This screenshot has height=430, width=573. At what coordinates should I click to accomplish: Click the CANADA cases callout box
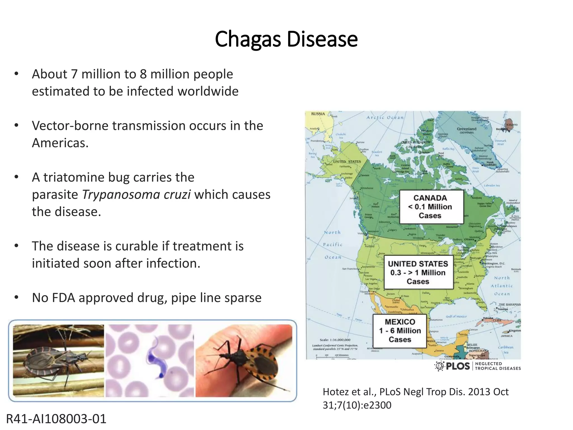[431, 207]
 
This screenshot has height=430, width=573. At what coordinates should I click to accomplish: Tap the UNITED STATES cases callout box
[418, 272]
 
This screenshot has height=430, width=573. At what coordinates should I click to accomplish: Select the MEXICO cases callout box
[400, 331]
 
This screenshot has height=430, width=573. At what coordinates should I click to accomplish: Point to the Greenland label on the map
[466, 129]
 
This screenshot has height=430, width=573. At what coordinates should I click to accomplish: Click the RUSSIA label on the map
[318, 114]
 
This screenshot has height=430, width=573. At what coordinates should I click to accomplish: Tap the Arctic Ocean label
[385, 118]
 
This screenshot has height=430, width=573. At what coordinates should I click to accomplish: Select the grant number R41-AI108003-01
[56, 419]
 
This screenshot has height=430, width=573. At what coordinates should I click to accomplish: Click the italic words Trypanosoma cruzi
[137, 195]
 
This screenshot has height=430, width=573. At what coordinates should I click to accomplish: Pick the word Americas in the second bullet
[60, 143]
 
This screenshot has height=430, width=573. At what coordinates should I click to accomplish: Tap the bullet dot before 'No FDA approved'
[17, 297]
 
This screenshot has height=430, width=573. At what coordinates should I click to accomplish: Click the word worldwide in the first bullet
[208, 91]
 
